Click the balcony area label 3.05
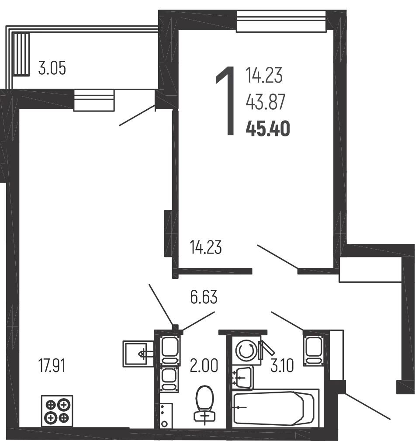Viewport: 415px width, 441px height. [x=52, y=68]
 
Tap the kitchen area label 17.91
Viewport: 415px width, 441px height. [x=52, y=366]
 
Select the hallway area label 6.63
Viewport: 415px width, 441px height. [x=204, y=297]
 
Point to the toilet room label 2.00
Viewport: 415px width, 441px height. [x=204, y=366]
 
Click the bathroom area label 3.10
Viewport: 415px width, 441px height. [x=282, y=366]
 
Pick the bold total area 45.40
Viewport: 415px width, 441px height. [x=268, y=128]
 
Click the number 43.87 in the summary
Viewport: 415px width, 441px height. [x=266, y=102]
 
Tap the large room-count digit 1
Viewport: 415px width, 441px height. [x=226, y=101]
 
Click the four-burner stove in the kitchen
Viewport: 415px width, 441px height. [x=57, y=411]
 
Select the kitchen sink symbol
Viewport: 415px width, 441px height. [x=138, y=354]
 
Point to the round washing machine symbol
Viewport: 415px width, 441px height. [x=246, y=351]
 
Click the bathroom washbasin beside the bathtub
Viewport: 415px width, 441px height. [x=243, y=377]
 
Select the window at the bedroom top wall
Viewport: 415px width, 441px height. [x=281, y=21]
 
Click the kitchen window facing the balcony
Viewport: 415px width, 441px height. [x=94, y=101]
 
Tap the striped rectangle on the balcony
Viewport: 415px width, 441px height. [x=21, y=54]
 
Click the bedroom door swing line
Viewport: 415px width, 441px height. [x=277, y=257]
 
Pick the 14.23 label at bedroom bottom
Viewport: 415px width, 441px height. [x=206, y=247]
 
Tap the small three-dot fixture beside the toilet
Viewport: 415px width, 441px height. [x=166, y=415]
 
